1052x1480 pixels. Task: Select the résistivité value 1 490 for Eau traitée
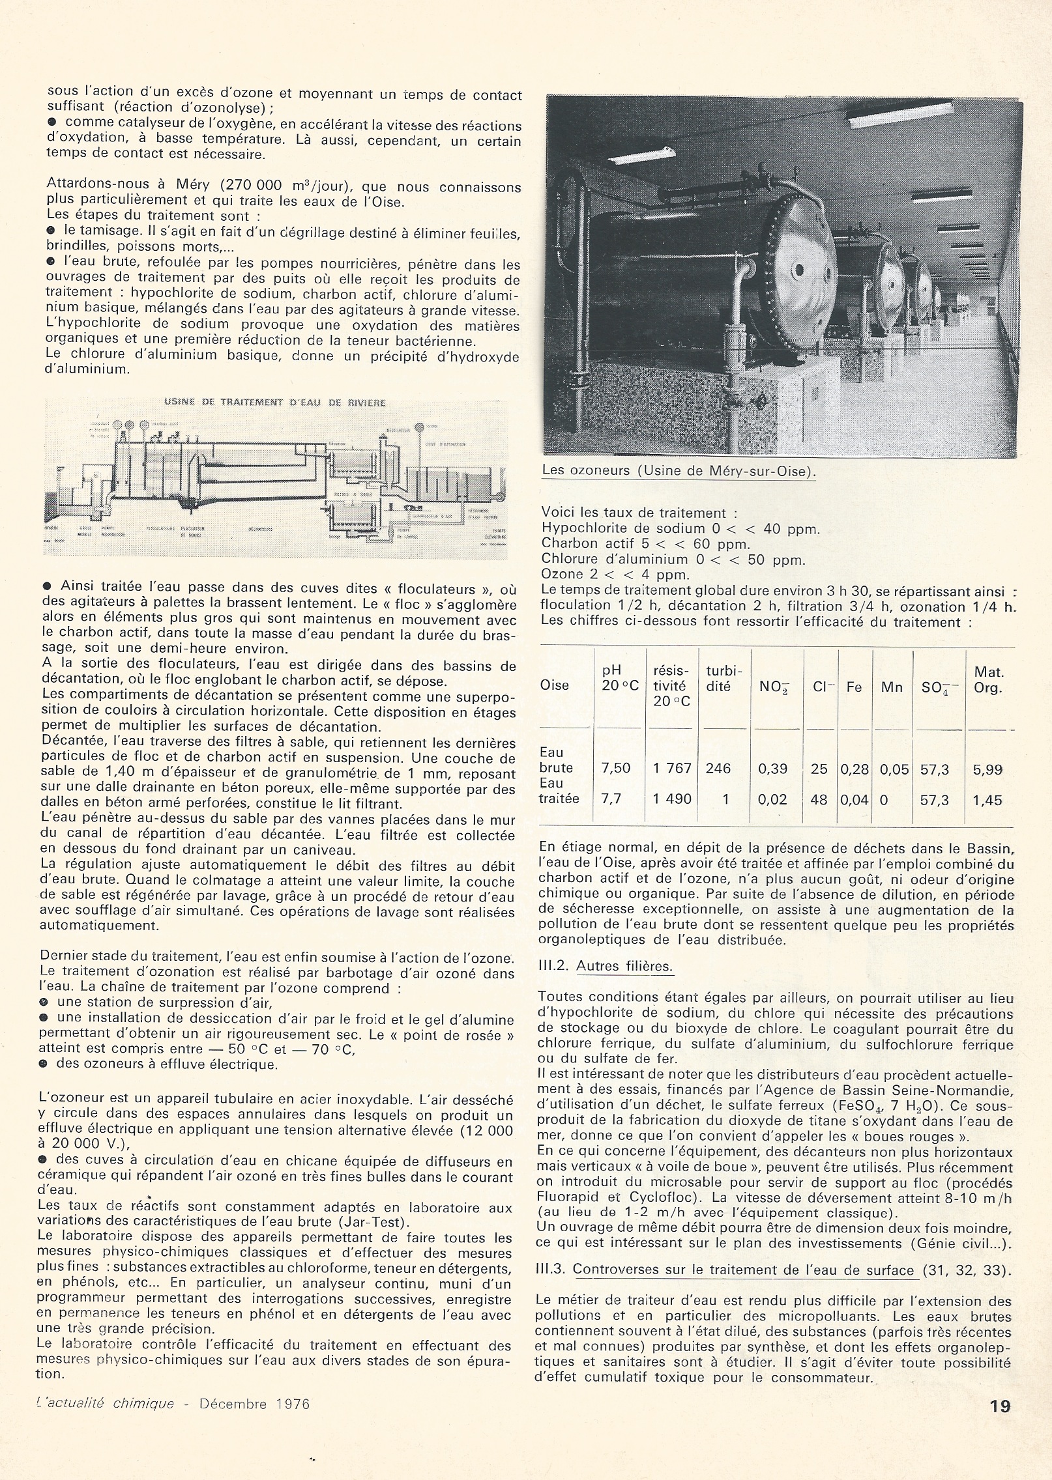coord(672,799)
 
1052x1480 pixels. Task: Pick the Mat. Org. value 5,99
coord(987,769)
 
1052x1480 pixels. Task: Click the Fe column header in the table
coord(854,686)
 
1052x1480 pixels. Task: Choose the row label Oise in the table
coord(555,685)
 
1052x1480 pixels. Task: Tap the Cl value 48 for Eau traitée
coord(819,799)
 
